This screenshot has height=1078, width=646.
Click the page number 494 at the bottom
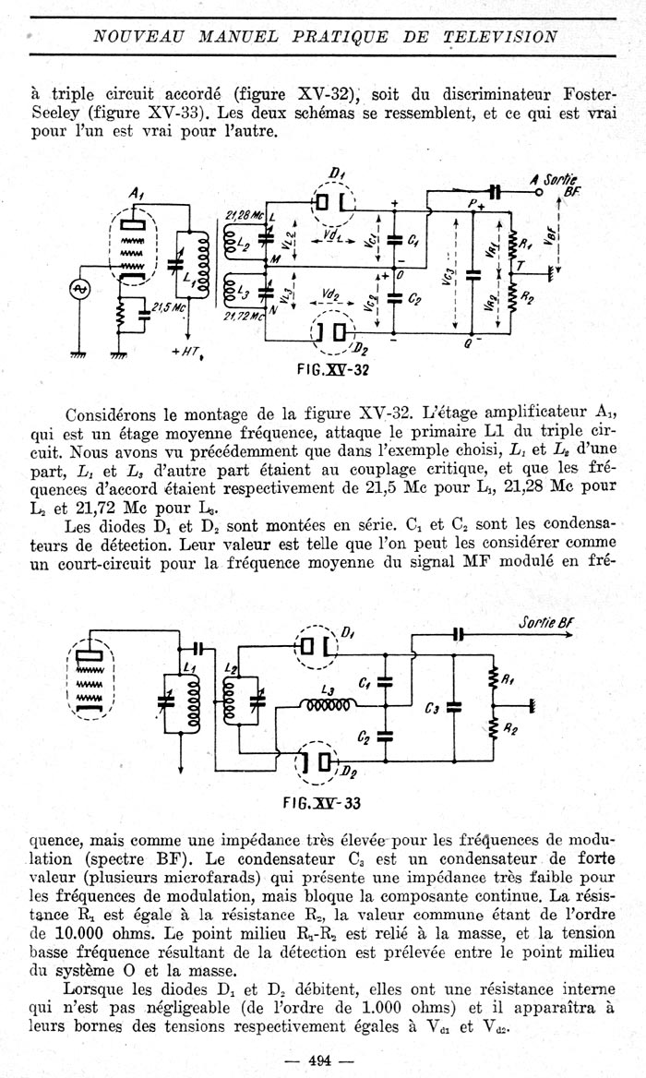pos(320,1060)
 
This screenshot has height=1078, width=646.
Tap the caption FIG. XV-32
pos(332,370)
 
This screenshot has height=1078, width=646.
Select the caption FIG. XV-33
pos(322,803)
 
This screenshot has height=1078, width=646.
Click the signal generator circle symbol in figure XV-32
pos(78,290)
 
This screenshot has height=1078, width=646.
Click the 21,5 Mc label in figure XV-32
pos(167,308)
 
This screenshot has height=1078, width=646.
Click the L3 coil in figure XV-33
pos(327,705)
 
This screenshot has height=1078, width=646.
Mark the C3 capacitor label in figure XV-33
pos(432,709)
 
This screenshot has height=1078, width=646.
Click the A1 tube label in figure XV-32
pos(136,195)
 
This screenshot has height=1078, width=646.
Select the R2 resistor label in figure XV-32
pos(527,298)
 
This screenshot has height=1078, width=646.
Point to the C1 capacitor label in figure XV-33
pos(365,683)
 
